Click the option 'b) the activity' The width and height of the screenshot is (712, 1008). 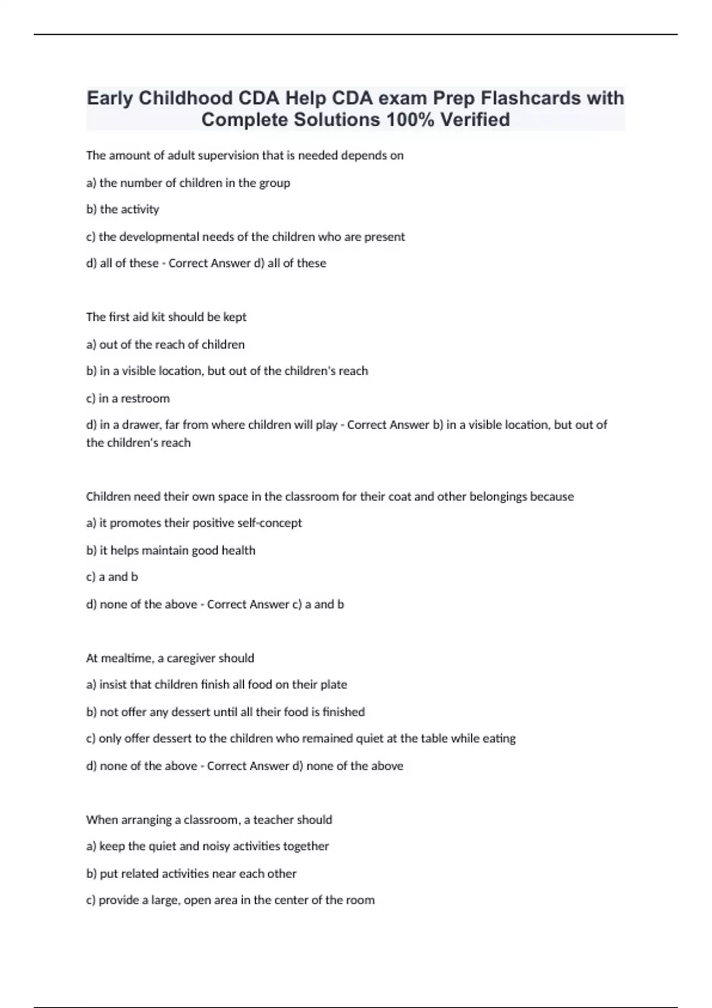123,209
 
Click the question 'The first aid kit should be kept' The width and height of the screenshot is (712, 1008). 166,317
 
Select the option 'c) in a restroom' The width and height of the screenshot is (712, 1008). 128,398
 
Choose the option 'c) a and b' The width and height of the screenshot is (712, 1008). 112,577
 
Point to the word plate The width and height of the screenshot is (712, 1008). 333,684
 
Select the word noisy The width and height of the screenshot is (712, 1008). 217,846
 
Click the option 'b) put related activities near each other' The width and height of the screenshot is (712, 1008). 191,873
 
